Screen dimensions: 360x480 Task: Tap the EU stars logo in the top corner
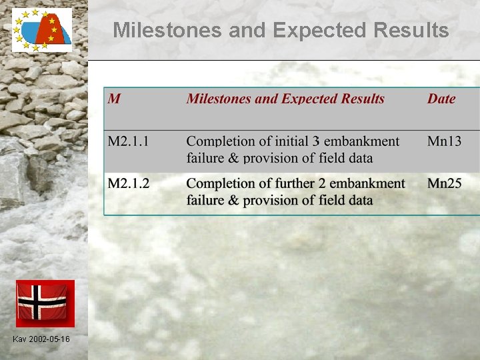click(x=42, y=30)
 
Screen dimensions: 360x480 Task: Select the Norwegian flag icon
click(x=45, y=303)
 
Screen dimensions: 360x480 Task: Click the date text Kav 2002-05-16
click(x=41, y=340)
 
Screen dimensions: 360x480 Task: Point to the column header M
click(x=114, y=99)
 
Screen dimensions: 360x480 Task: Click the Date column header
click(x=441, y=99)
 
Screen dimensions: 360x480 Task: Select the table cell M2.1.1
click(x=129, y=141)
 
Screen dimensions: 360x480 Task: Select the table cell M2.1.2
click(x=129, y=183)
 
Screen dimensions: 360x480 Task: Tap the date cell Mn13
click(x=444, y=141)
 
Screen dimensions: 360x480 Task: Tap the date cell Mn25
click(x=444, y=183)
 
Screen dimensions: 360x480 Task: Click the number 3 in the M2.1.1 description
click(x=317, y=141)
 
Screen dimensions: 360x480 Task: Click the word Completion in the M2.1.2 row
click(x=220, y=183)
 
